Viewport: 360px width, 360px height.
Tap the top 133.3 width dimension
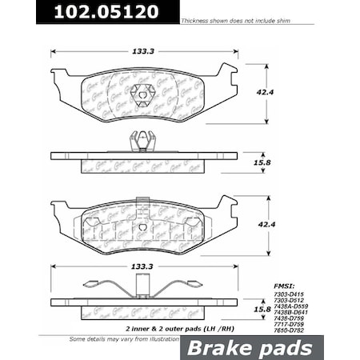pos(142,50)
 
